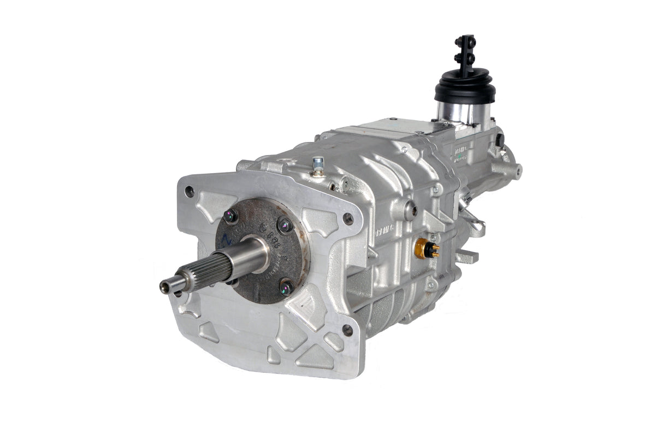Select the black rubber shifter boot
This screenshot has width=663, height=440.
coord(465,87)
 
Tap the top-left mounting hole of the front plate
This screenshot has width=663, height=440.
coord(189,192)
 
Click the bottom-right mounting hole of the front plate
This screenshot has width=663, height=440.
coord(347,330)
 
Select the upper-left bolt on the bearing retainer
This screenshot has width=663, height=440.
coord(230,216)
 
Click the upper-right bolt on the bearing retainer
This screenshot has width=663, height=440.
coord(285,224)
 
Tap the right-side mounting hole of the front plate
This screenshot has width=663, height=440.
coord(348,219)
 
